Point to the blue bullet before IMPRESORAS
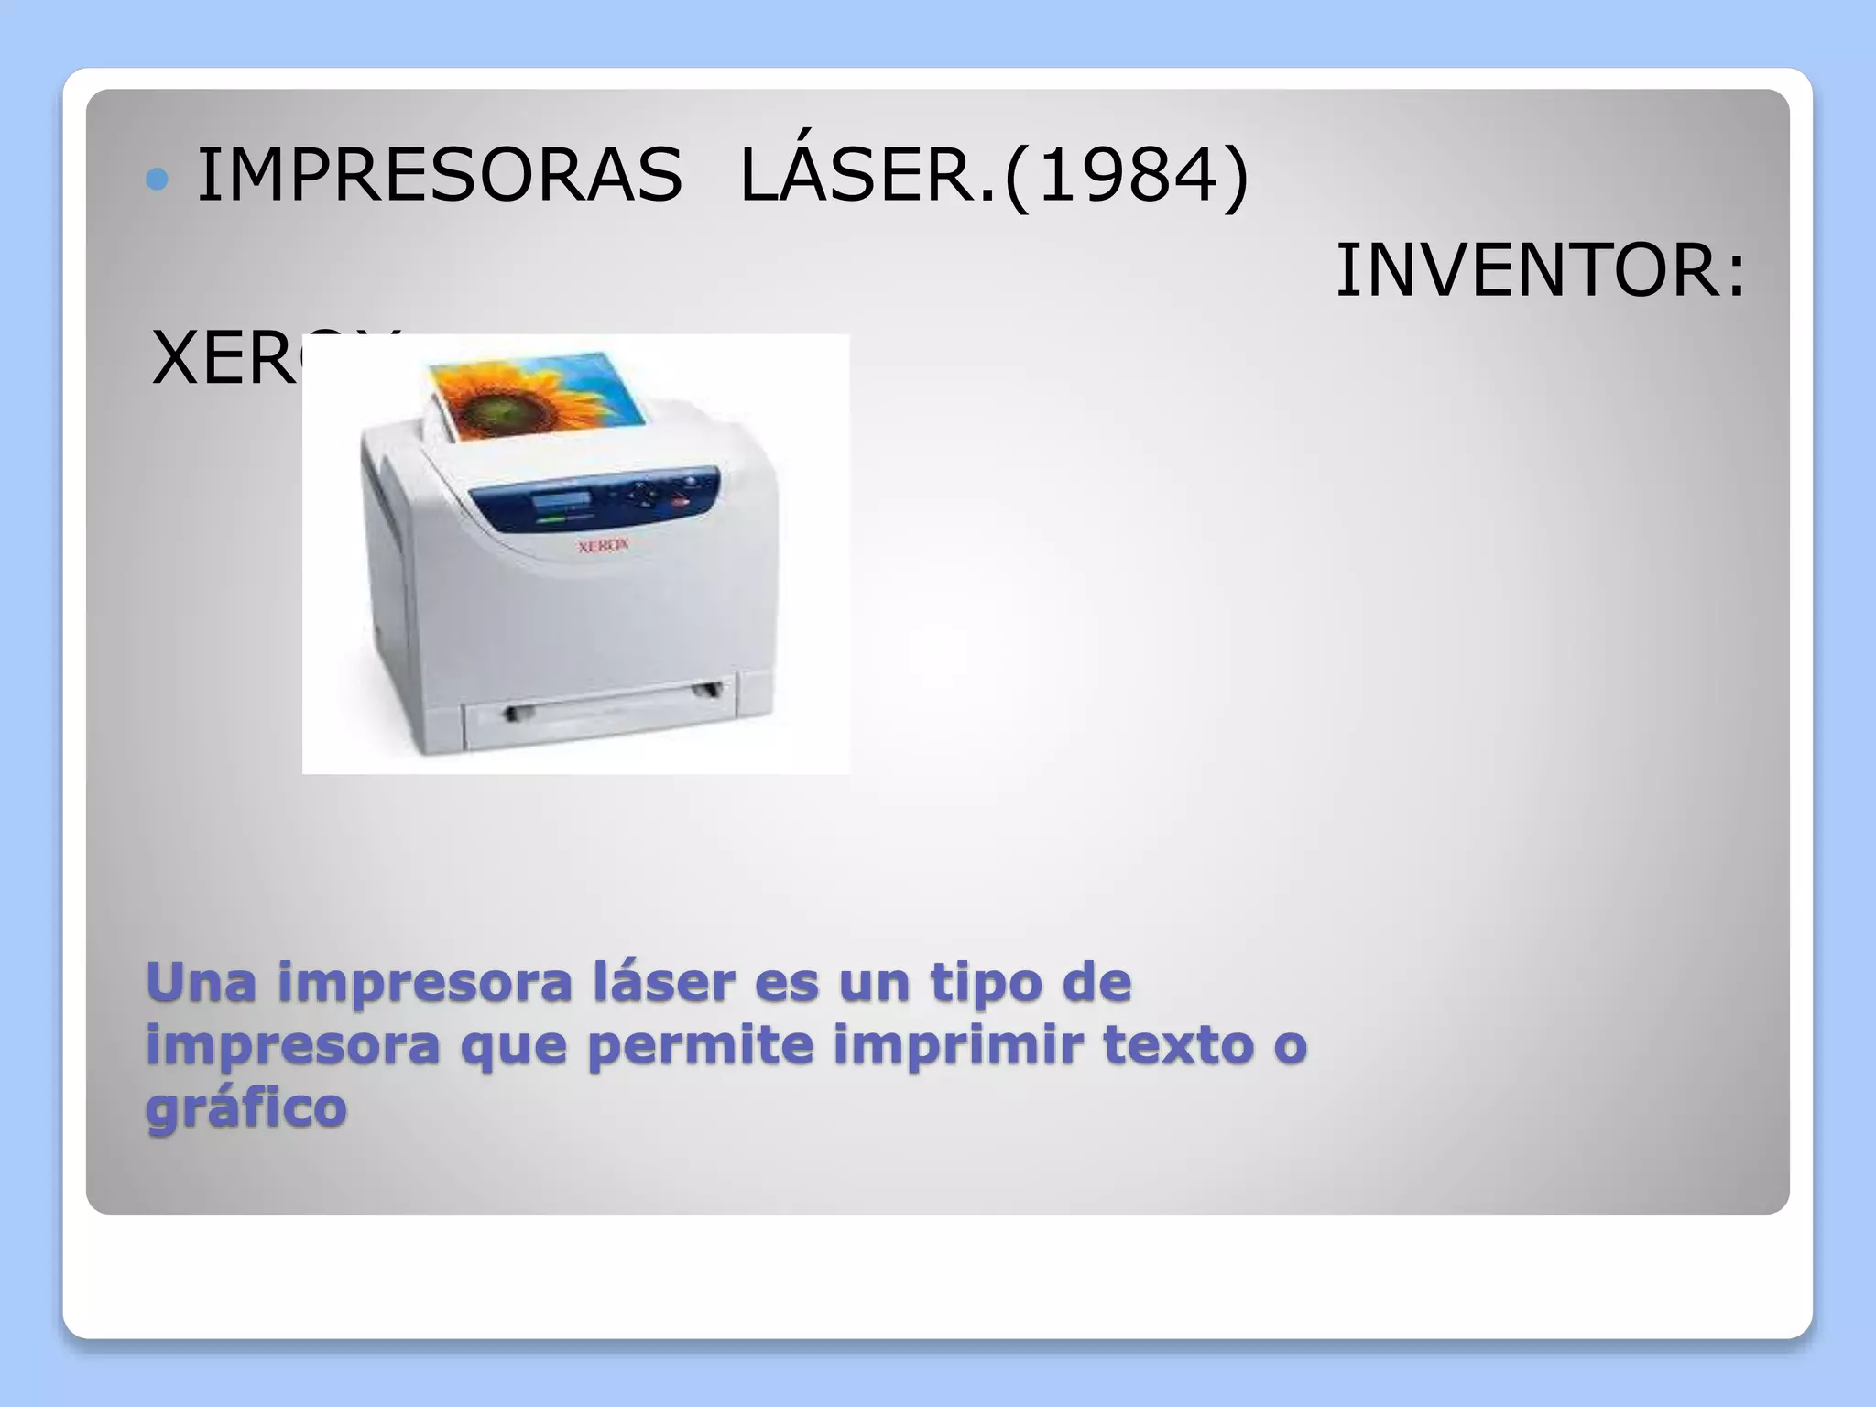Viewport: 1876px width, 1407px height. pyautogui.click(x=158, y=179)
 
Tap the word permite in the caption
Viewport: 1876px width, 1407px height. pyautogui.click(x=700, y=1045)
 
